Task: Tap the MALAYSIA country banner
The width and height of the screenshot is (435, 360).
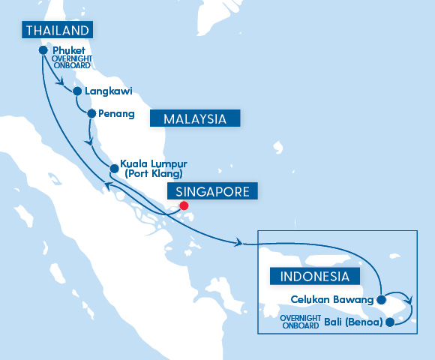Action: (x=195, y=118)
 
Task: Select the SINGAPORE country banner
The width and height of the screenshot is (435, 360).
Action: (x=213, y=191)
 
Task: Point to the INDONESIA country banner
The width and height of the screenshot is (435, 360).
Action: (x=314, y=276)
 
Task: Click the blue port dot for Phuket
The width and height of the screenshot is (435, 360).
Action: (x=43, y=50)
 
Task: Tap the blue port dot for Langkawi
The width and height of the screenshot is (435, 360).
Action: (x=76, y=91)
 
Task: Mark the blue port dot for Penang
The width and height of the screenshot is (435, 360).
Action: (x=92, y=114)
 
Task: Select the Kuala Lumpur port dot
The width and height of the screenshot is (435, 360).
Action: (x=113, y=167)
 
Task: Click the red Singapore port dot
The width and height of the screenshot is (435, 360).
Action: (x=184, y=206)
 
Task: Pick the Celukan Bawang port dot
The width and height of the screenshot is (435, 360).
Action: (x=381, y=300)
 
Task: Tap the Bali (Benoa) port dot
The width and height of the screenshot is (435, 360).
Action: (x=388, y=323)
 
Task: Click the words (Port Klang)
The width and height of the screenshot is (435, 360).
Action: (x=154, y=174)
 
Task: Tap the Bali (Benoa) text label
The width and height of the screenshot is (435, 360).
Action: (x=354, y=323)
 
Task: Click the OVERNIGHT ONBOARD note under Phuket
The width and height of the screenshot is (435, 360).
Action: (x=72, y=61)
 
